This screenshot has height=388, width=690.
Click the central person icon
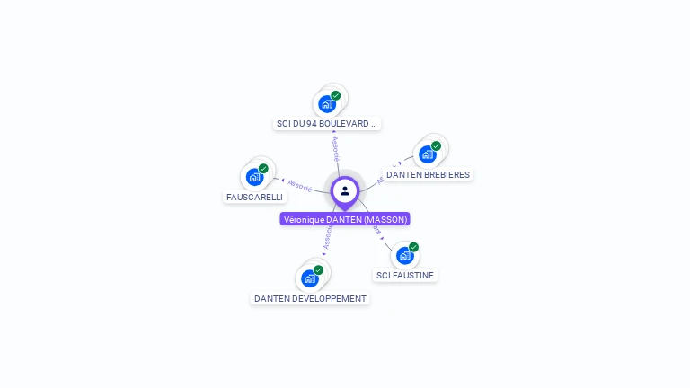tap(345, 190)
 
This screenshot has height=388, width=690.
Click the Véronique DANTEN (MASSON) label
tap(345, 219)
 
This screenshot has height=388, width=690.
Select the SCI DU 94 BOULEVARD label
tap(327, 123)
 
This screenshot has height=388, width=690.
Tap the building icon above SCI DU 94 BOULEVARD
tap(327, 103)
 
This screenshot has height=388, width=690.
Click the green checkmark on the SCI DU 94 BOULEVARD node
tap(335, 95)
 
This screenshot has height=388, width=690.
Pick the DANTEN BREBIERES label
tap(428, 174)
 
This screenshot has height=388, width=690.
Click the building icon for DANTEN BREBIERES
tap(428, 154)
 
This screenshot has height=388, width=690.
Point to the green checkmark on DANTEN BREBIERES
tap(436, 145)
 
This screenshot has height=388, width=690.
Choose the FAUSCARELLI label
tap(254, 197)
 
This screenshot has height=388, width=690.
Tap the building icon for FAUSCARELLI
tap(254, 177)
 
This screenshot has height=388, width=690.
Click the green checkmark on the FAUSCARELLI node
tap(263, 168)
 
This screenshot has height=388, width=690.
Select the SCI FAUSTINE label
tap(405, 275)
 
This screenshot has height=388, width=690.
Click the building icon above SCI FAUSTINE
tap(405, 255)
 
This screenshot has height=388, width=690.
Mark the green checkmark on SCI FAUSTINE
tap(413, 247)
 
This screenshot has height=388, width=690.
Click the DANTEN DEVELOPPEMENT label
tap(310, 298)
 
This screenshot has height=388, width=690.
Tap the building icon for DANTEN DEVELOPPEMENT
tap(310, 278)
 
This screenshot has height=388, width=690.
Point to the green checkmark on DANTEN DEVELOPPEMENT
tap(318, 269)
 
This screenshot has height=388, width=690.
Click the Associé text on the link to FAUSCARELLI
tap(300, 186)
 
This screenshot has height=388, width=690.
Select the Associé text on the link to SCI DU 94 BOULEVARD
tap(335, 148)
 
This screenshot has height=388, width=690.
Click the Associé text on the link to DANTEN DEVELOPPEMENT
tap(328, 236)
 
